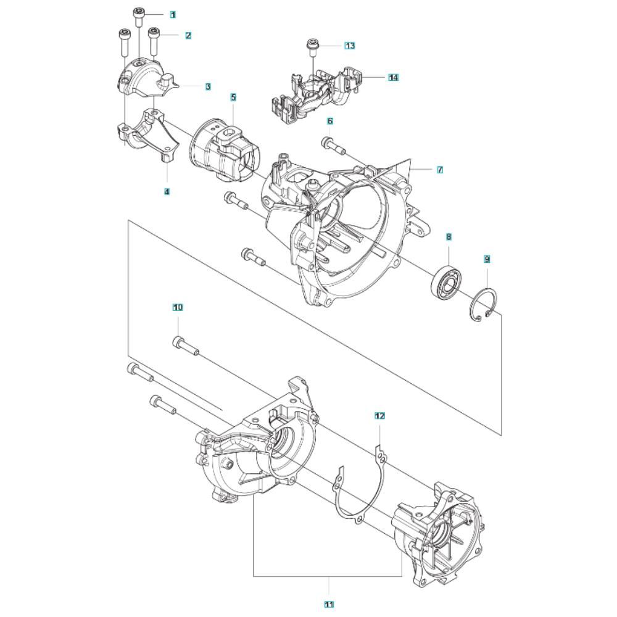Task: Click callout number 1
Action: (173, 15)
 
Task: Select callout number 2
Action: (188, 35)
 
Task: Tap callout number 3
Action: (208, 86)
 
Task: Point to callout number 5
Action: (233, 97)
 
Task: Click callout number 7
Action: (440, 170)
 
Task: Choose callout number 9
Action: (487, 259)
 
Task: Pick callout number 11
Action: (329, 604)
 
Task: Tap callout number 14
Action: (393, 78)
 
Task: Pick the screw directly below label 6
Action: (333, 146)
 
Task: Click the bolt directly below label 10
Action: (186, 346)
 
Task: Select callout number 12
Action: (379, 415)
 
